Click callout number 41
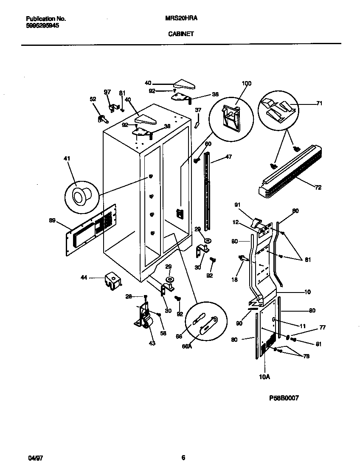(67, 158)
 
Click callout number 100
(246, 84)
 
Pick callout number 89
(52, 220)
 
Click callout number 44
(84, 277)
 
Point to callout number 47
(229, 157)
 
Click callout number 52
(93, 99)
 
